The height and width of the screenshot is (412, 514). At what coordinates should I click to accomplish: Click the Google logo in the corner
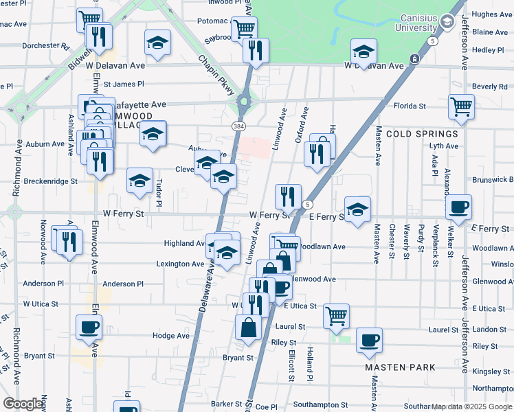point(23,404)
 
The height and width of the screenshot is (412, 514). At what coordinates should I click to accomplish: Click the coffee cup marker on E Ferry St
point(459,207)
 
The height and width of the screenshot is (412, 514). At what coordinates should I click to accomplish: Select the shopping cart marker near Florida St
point(461,106)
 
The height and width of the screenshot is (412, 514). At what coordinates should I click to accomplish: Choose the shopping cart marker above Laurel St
point(336,315)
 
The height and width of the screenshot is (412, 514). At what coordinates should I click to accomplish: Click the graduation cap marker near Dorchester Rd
point(158,43)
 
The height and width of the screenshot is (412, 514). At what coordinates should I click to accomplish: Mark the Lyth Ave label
point(443,146)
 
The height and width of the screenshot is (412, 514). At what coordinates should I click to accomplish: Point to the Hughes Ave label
point(492,14)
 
